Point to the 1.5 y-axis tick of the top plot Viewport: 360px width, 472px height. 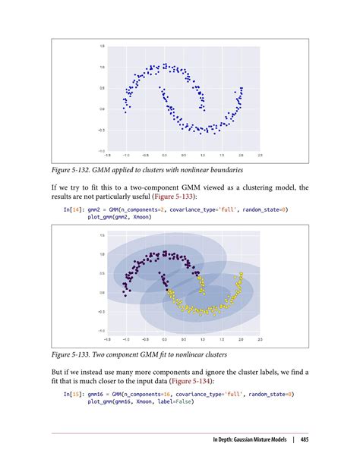[x=102, y=47]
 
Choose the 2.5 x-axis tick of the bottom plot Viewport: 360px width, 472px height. [x=260, y=339]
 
